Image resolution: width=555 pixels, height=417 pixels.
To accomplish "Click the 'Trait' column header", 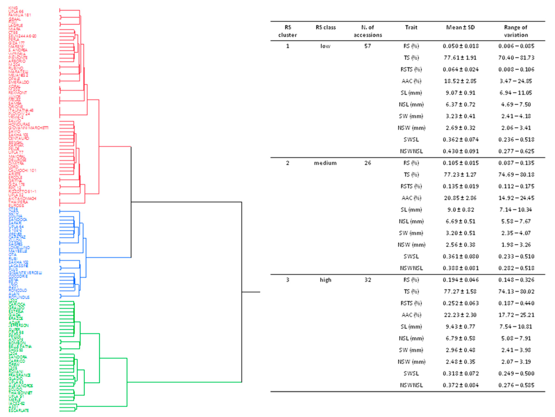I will [411, 27].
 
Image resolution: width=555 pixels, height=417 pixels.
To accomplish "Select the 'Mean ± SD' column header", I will [460, 27].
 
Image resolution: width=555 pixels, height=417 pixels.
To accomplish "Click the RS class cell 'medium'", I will [325, 163].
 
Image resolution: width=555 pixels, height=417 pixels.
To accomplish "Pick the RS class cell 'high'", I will [325, 280].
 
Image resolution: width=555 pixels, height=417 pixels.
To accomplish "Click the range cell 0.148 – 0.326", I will [516, 280].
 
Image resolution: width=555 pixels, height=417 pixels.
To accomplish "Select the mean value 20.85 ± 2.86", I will [460, 198].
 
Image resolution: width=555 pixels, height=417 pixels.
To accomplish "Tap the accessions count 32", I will [368, 280].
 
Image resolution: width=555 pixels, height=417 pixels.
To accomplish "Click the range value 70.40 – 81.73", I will [516, 58].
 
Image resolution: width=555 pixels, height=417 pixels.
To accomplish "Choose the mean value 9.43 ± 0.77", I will [460, 326].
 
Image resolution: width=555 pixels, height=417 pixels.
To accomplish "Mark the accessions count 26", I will [368, 163].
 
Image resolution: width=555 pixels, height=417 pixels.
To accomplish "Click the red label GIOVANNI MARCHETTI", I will [28, 128].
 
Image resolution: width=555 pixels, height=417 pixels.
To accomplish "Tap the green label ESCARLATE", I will [19, 410].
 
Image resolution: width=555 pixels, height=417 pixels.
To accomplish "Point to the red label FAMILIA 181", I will [20, 15].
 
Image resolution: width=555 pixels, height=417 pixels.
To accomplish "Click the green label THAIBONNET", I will [20, 393].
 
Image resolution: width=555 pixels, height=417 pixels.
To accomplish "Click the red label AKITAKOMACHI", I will [22, 198].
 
